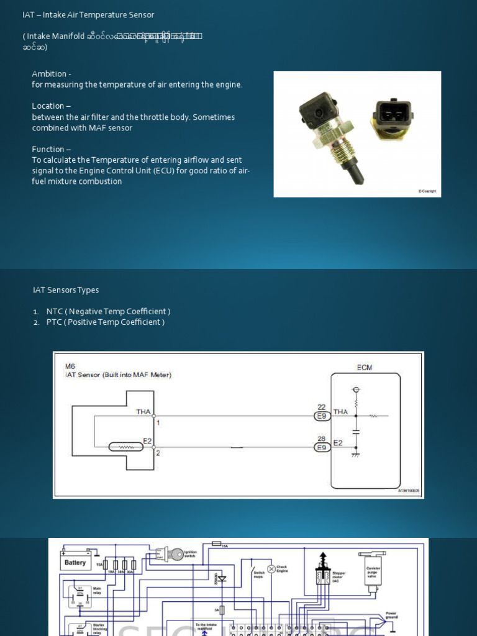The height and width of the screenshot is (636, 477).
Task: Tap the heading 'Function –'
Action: [x=51, y=149]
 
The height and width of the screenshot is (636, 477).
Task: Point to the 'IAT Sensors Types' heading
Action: [x=65, y=290]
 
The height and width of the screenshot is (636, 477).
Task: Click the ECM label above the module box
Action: [x=365, y=367]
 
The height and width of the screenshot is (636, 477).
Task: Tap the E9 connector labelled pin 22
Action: [x=322, y=416]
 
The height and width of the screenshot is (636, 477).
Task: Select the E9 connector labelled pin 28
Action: [x=322, y=447]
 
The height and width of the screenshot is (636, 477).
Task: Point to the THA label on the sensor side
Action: [x=143, y=411]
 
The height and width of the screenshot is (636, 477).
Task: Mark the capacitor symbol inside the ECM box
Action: [x=356, y=430]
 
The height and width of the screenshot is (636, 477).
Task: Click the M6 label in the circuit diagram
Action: [x=70, y=366]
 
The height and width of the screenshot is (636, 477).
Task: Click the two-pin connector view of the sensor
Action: [x=392, y=116]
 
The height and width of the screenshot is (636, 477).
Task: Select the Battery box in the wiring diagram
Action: [x=75, y=563]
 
